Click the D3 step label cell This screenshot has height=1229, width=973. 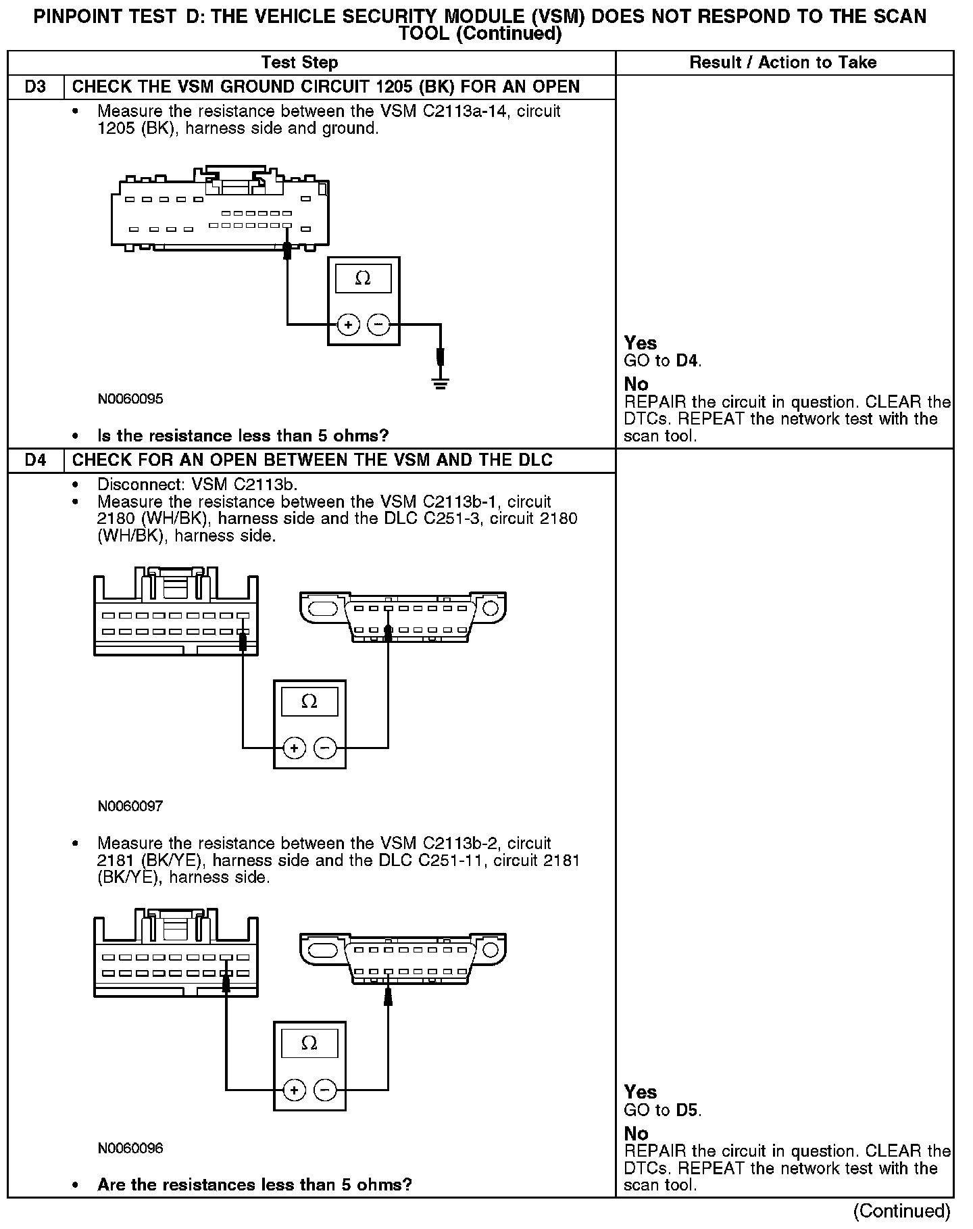pyautogui.click(x=35, y=87)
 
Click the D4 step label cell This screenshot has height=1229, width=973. pyautogui.click(x=35, y=460)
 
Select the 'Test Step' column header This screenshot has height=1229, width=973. pyautogui.click(x=299, y=63)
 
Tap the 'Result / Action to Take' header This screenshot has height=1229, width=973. pyautogui.click(x=782, y=63)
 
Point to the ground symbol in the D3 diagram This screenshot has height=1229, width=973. pyautogui.click(x=441, y=385)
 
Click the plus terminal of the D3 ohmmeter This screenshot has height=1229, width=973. pyautogui.click(x=348, y=325)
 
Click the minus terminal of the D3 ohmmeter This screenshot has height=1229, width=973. pyautogui.click(x=378, y=325)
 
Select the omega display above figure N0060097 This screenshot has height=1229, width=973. pyautogui.click(x=309, y=702)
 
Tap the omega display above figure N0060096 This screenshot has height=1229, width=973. pyautogui.click(x=309, y=1043)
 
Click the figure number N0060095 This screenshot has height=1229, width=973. pyautogui.click(x=130, y=399)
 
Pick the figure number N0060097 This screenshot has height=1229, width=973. pyautogui.click(x=130, y=806)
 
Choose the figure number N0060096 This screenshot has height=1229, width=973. pyautogui.click(x=130, y=1148)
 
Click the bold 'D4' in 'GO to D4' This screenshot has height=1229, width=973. pyautogui.click(x=687, y=360)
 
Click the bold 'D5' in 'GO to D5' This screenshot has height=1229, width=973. pyautogui.click(x=687, y=1109)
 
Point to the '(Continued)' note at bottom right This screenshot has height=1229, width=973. pyautogui.click(x=901, y=1210)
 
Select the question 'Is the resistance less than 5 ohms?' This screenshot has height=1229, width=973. pyautogui.click(x=243, y=435)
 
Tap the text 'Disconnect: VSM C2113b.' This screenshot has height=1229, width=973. pyautogui.click(x=197, y=485)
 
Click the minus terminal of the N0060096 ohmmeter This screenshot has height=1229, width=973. pyautogui.click(x=325, y=1090)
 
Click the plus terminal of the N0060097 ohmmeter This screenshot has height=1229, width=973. pyautogui.click(x=294, y=748)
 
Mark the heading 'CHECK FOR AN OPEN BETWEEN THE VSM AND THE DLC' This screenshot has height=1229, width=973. pyautogui.click(x=312, y=460)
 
